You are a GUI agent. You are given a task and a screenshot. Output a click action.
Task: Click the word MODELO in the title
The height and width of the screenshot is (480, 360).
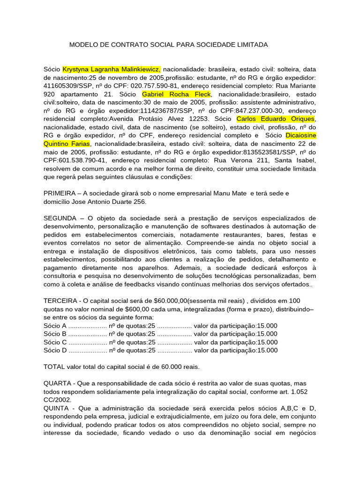point(83,45)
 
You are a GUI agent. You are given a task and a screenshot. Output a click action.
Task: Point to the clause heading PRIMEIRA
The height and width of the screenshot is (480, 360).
point(60,194)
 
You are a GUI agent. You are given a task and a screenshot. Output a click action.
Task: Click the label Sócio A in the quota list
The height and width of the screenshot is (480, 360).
point(55,325)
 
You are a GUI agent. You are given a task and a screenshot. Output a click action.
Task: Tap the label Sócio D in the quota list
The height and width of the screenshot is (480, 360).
point(55,350)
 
